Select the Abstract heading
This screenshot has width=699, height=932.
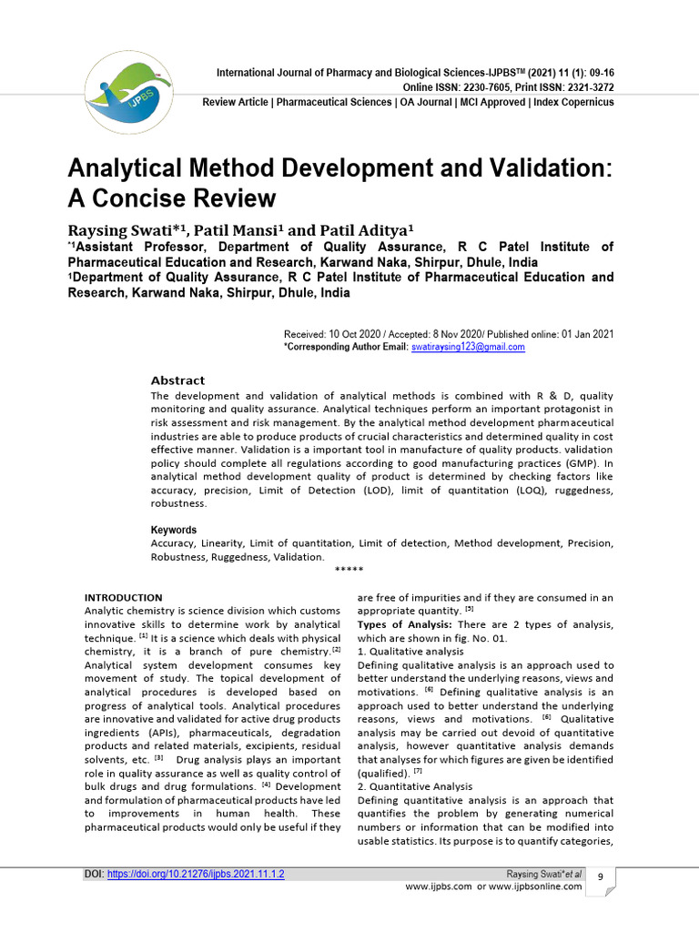tap(177, 380)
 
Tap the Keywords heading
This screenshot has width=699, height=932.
tap(173, 530)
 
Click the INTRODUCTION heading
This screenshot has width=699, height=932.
tap(123, 598)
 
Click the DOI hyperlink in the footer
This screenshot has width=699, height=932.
tap(196, 874)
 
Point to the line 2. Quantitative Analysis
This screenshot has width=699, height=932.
tap(414, 786)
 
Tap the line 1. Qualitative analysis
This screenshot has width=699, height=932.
tap(410, 652)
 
